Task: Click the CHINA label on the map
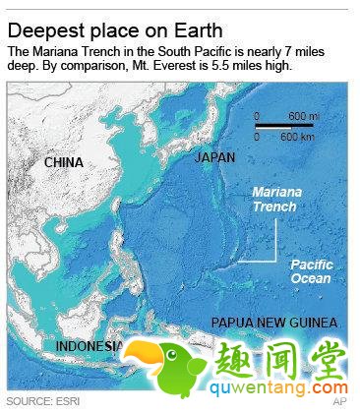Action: [x=63, y=162]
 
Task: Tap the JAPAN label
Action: [x=214, y=157]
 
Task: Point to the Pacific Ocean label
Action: [x=311, y=271]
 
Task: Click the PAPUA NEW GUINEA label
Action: [x=275, y=323]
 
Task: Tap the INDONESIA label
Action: [x=90, y=346]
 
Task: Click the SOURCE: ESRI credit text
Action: [x=43, y=402]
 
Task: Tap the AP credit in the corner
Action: [x=339, y=402]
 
